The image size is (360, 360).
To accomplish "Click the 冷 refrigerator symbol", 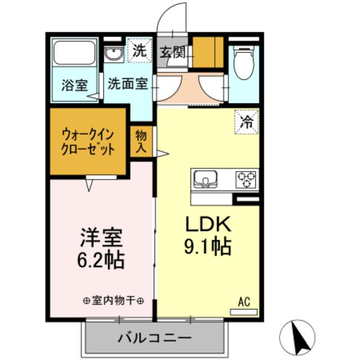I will [x=246, y=120].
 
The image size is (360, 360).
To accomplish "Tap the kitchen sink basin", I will [x=207, y=180].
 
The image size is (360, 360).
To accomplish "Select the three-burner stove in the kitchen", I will [x=246, y=179].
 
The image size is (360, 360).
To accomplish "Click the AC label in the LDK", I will [x=244, y=302].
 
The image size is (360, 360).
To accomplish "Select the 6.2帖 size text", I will [x=102, y=260].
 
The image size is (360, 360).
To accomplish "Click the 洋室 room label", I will [x=102, y=237].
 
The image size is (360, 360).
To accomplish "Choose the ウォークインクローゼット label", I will [x=88, y=142].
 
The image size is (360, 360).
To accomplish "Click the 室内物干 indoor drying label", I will [x=113, y=301].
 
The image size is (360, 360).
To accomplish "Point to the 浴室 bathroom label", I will [x=74, y=85].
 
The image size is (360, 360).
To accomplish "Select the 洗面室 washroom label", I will [x=128, y=84].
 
